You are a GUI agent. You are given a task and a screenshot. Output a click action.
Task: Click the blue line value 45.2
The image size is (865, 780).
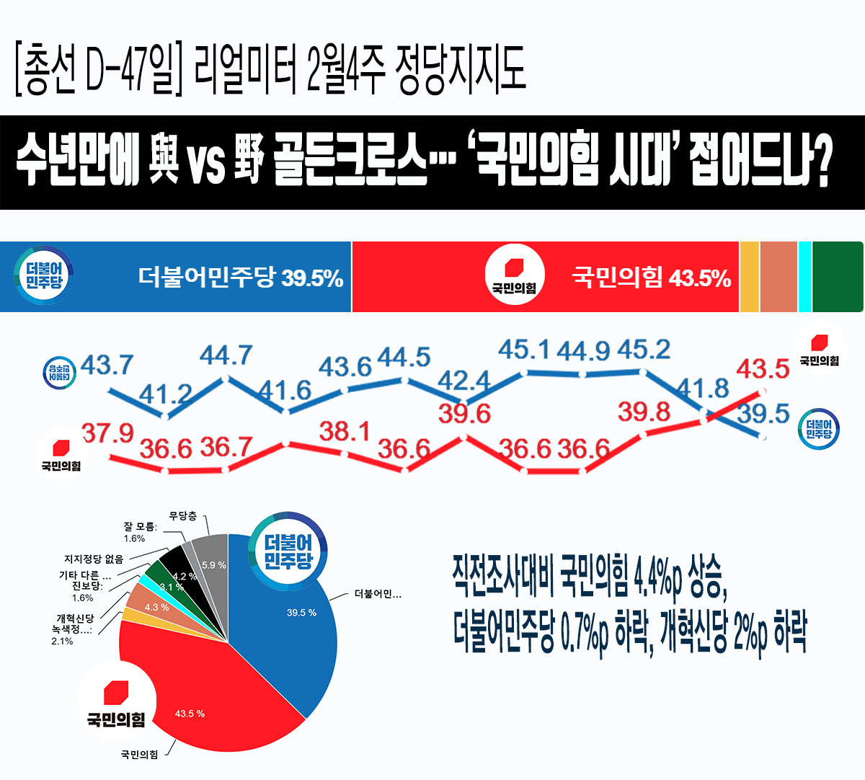click(644, 350)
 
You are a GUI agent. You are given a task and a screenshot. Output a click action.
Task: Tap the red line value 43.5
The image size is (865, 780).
click(763, 368)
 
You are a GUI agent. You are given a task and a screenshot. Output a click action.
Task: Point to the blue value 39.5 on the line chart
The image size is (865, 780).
click(763, 414)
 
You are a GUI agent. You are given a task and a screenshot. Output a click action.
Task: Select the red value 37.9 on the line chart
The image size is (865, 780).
click(107, 433)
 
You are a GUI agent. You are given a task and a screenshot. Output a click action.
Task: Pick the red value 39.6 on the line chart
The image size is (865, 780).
click(465, 414)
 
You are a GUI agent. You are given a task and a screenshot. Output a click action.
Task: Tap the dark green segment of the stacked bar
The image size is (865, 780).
click(837, 277)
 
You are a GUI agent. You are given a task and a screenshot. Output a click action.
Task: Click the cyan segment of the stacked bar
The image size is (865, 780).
click(804, 277)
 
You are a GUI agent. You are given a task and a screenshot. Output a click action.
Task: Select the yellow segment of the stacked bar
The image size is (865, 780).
click(749, 277)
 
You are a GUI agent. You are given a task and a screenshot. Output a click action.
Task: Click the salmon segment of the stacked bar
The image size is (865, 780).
click(778, 277)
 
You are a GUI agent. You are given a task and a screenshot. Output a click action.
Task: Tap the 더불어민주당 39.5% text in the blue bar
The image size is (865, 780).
click(240, 278)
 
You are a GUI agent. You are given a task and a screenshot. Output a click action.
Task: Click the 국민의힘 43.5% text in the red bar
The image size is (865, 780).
click(651, 278)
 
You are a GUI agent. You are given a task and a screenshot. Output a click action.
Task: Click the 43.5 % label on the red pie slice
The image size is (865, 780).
click(190, 714)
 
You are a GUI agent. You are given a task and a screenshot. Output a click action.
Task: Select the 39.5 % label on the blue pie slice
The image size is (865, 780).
click(301, 613)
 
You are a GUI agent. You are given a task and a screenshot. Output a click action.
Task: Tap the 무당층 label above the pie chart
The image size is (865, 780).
click(182, 516)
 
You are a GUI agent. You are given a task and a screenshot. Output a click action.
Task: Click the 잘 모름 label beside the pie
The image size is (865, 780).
click(139, 527)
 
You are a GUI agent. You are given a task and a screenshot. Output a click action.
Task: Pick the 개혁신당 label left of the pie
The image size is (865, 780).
click(75, 619)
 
